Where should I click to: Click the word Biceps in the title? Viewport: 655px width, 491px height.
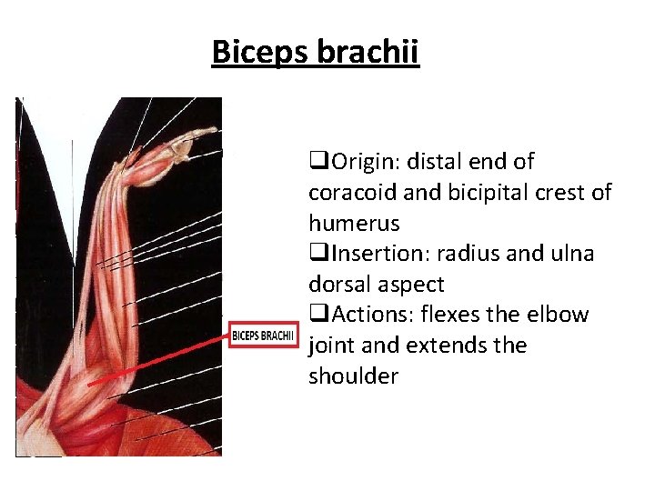click(x=260, y=52)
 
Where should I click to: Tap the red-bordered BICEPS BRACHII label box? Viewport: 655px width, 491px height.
click(x=262, y=336)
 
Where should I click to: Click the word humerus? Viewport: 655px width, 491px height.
click(x=353, y=224)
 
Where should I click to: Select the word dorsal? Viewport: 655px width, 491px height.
click(x=340, y=285)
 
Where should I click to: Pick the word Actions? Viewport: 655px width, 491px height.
click(x=367, y=316)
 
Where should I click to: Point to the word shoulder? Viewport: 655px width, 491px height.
click(x=353, y=376)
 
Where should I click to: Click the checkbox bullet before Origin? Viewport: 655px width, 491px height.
click(x=317, y=163)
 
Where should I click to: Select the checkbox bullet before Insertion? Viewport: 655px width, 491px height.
click(x=317, y=255)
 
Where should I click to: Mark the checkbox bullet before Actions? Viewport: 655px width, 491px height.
click(x=317, y=316)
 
